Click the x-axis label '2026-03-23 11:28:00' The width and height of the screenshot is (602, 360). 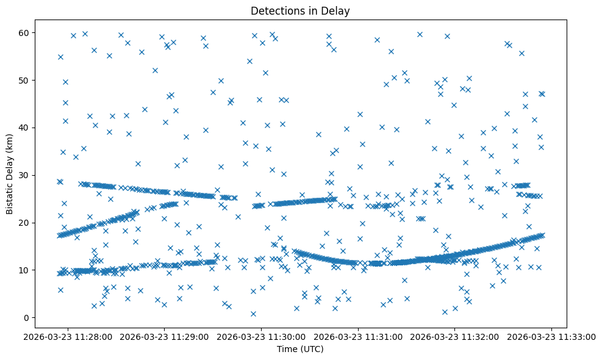68,336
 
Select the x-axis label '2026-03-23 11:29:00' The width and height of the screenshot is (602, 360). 165,336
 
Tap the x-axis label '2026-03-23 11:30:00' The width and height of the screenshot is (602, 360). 262,336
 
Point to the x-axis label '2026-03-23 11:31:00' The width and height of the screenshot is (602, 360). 359,336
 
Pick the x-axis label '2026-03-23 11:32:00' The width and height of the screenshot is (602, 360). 456,336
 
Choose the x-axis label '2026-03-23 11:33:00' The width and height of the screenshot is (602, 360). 553,336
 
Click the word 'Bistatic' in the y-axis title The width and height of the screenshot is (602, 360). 10,196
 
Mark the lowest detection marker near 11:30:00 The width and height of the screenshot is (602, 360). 253,314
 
